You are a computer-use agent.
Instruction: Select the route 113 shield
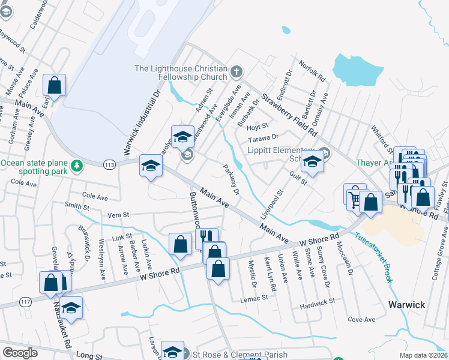coord(109,163)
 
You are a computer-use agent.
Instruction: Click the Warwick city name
coord(406,305)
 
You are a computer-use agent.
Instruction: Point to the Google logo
coord(20,353)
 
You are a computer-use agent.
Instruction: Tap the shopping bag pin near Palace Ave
coord(55,86)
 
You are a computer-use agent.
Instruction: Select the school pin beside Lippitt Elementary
coord(312,161)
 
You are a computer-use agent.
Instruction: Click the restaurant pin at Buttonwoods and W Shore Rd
coord(205,238)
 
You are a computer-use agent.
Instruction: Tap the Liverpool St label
coord(274,205)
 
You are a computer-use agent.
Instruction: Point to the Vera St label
coord(118,215)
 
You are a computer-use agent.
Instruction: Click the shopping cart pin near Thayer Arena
coord(354,194)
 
